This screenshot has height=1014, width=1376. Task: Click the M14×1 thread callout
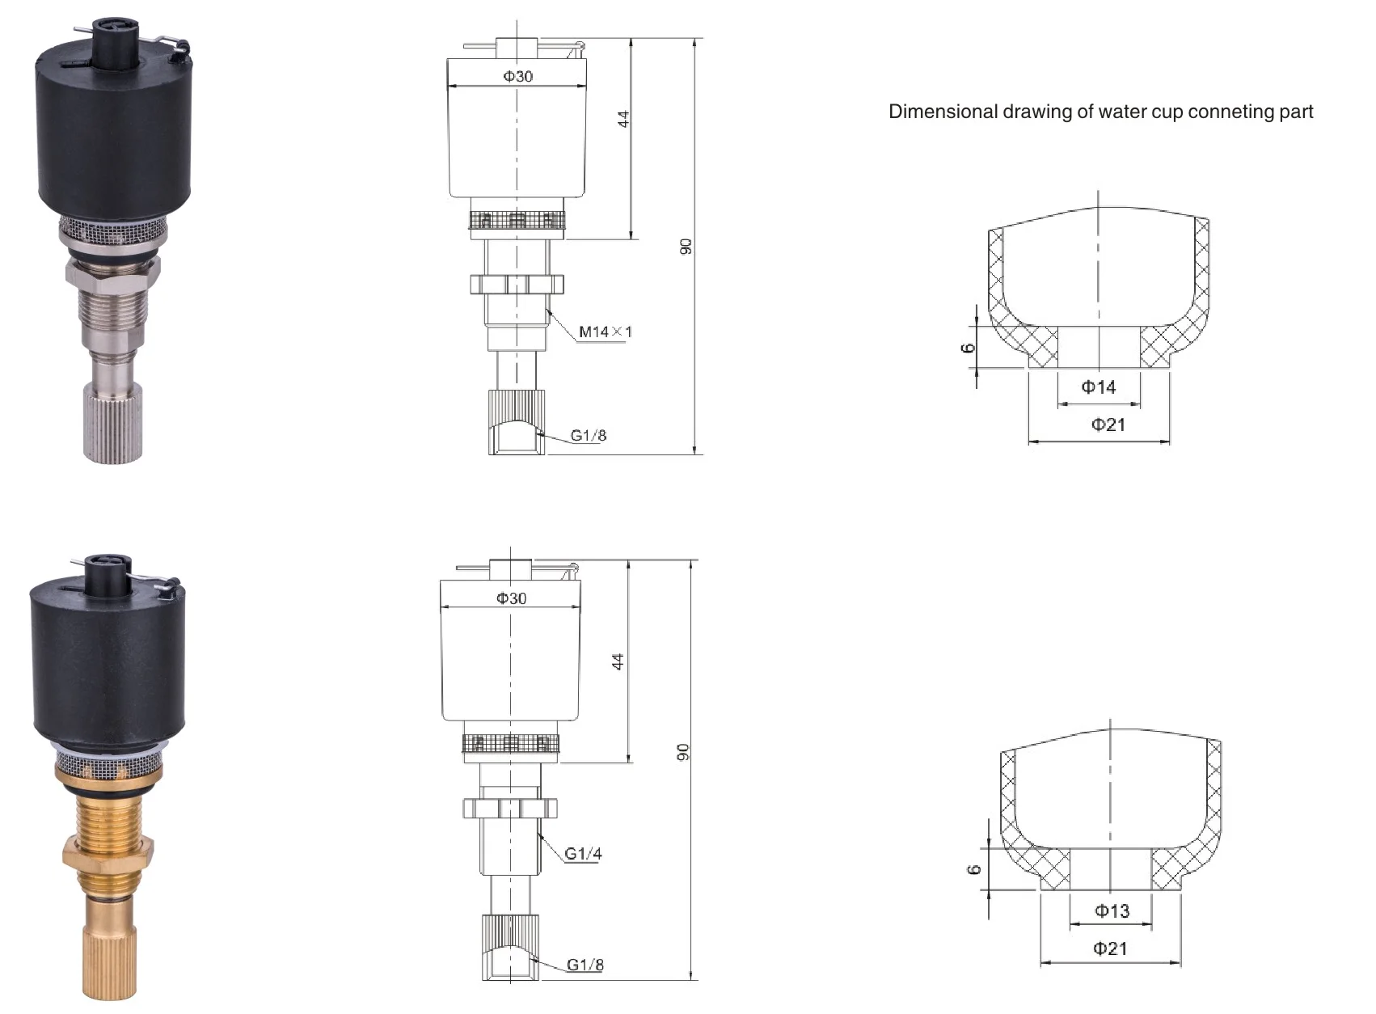[x=606, y=332]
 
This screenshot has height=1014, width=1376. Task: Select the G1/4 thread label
[x=583, y=854]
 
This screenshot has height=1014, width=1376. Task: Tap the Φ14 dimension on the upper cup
[x=1099, y=387]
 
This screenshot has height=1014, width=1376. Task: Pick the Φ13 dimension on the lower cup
[x=1112, y=911]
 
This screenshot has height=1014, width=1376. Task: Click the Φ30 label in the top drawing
[x=518, y=77]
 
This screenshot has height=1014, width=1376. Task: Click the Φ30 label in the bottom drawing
[x=511, y=598]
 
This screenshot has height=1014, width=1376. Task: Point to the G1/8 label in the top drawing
[x=589, y=436]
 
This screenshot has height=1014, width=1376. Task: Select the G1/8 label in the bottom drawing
[x=585, y=965]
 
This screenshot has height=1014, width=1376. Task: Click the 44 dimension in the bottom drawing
[x=618, y=661]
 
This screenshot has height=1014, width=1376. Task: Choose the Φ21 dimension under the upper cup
[x=1108, y=425]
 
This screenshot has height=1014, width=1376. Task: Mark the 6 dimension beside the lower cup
[x=974, y=869]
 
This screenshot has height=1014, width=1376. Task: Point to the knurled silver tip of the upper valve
[x=112, y=423]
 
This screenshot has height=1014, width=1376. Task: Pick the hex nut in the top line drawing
[x=517, y=285]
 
